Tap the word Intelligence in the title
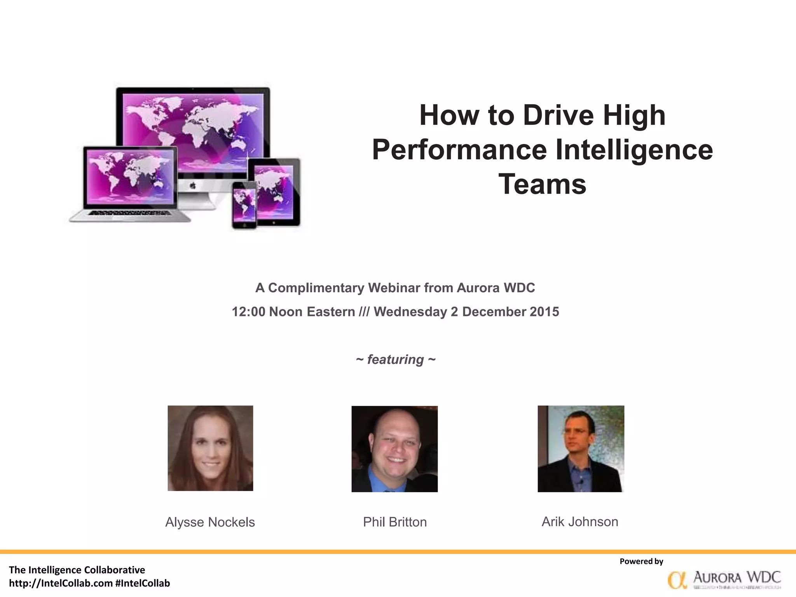point(634,150)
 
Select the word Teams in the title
point(542,184)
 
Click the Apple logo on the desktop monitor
point(193,187)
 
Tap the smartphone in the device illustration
point(244,205)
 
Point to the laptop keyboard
point(130,213)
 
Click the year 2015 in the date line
point(544,312)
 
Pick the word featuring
point(395,360)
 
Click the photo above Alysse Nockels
point(210,448)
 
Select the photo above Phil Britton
point(395,449)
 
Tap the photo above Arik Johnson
point(581,449)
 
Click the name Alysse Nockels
point(210,522)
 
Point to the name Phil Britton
point(395,522)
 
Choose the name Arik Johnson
point(580,522)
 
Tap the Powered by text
point(641,561)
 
